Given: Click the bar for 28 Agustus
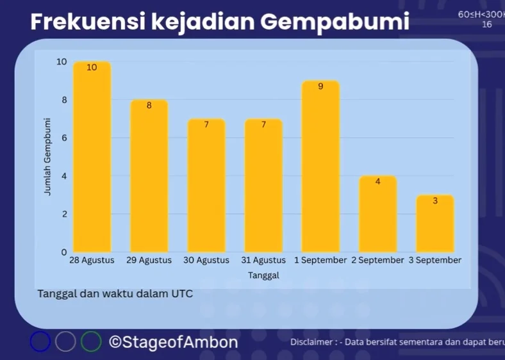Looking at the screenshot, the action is pos(92,157).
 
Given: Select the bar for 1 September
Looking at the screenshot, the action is pos(320,166).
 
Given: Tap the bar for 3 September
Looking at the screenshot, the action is pos(435,224).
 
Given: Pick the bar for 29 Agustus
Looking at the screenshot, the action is pos(149,176).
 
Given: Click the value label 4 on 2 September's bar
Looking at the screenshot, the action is pos(377,182).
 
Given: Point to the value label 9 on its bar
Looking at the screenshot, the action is pos(320,86).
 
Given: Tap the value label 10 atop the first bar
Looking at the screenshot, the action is pos(92,67).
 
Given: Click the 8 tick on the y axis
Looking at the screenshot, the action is pos(65,100).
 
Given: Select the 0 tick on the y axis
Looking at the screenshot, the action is pos(65,252).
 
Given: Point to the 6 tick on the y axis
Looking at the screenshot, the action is pos(65,138).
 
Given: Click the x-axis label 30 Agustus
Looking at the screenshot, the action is pos(206,260).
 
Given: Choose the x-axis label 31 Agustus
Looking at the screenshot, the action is pos(263,260).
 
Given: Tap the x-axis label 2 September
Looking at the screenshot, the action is pos(377,260).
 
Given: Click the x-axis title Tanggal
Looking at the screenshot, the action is pos(263,275).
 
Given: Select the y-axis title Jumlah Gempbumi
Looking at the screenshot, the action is pos(47,156).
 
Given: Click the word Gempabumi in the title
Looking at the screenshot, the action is pos(335,22).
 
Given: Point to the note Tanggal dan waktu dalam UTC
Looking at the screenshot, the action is pos(115,293).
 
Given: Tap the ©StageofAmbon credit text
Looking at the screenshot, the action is pos(173,342).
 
